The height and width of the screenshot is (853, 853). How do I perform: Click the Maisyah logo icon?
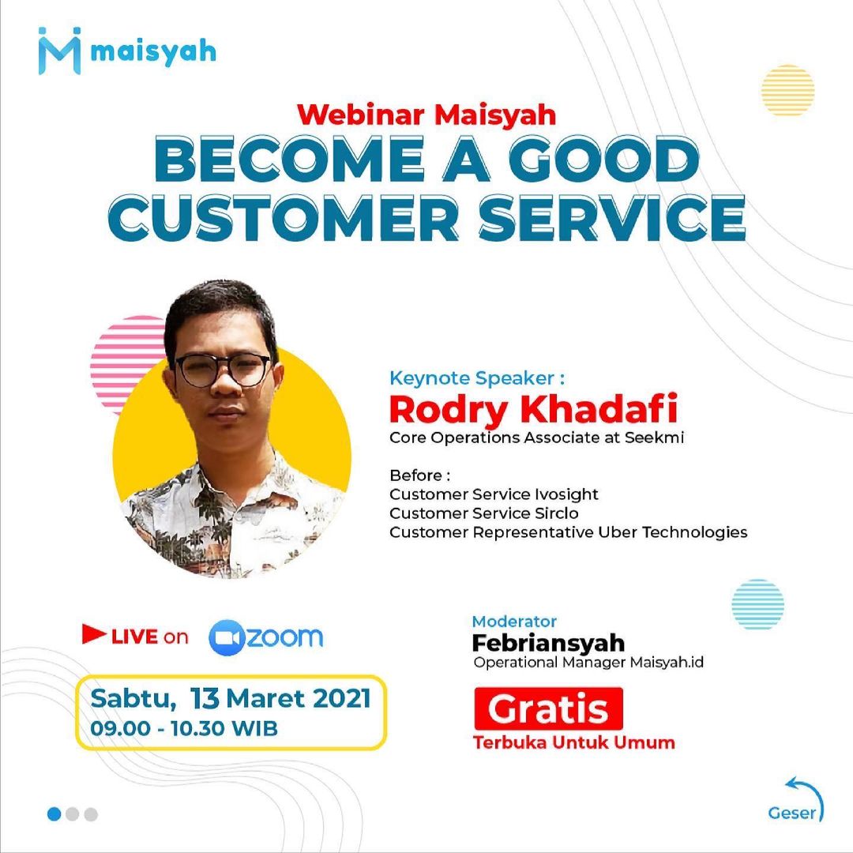[60, 51]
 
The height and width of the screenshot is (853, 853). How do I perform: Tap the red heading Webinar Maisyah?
[426, 115]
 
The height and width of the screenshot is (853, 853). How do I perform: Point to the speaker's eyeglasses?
[224, 370]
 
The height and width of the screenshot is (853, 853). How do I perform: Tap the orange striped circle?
[787, 90]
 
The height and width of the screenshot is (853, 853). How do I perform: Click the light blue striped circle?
[757, 604]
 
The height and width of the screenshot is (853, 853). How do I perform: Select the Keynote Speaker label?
[477, 378]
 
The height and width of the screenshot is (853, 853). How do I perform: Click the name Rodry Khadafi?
[534, 410]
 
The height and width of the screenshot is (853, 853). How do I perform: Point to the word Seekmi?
[654, 438]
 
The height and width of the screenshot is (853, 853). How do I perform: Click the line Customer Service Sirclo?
[483, 513]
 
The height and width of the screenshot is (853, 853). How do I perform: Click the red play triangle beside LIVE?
[93, 633]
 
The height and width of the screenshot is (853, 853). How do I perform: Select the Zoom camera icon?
[226, 637]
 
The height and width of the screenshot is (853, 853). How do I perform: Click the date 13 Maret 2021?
[280, 698]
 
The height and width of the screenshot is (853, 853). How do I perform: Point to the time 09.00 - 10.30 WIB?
[184, 728]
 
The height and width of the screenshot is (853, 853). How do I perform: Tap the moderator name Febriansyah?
[548, 643]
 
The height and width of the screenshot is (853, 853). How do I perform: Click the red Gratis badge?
[548, 708]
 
